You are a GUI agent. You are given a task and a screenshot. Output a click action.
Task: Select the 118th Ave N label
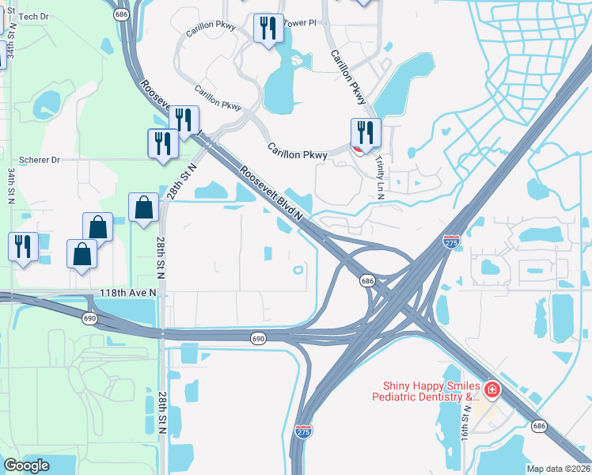tap(128, 292)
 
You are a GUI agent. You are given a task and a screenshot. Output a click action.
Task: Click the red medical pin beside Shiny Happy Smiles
tap(491, 389)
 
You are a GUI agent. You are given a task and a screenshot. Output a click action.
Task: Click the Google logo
tap(27, 465)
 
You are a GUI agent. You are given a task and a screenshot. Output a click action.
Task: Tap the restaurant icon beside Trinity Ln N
tap(366, 133)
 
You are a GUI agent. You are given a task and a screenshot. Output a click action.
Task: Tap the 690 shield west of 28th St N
tap(89, 317)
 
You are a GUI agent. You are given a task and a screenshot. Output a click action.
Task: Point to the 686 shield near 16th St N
tap(539, 426)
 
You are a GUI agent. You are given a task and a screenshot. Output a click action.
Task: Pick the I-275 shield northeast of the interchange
tap(450, 240)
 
